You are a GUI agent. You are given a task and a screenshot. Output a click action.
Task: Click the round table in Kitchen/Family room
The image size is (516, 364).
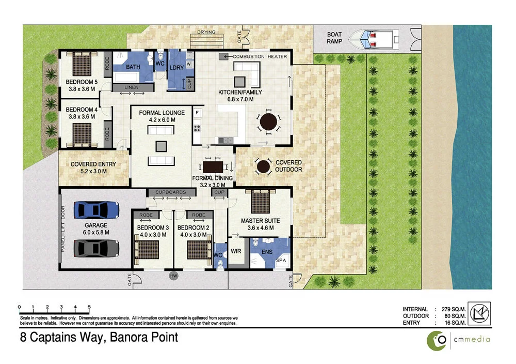coord(268,123)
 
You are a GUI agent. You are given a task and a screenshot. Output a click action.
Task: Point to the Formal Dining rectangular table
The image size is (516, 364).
coord(213,167)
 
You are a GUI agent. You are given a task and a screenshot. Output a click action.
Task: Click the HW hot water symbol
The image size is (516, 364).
coord(173,276)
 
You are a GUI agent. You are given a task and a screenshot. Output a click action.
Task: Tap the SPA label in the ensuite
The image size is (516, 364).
coord(282,261)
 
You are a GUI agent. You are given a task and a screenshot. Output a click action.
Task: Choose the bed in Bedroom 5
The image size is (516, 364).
coord(81,65)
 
